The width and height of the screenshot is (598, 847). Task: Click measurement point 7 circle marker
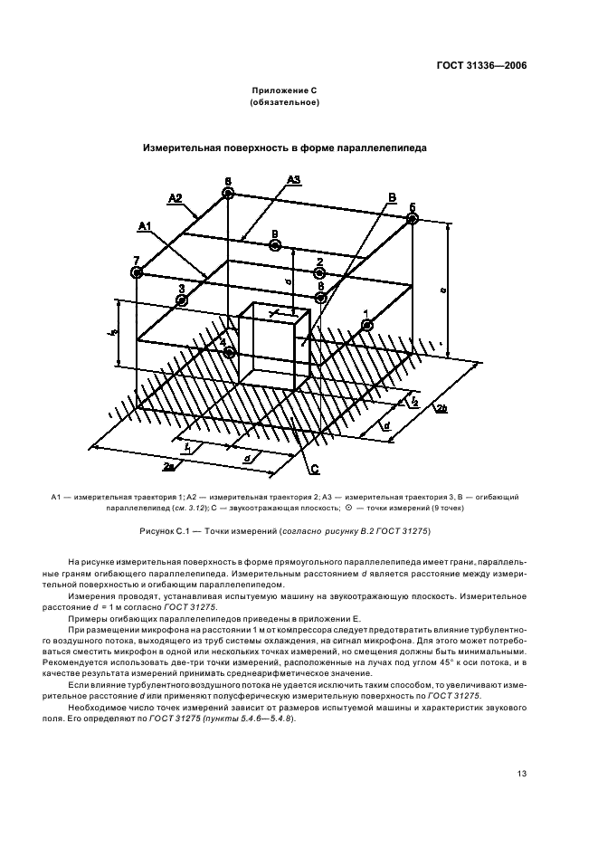137,272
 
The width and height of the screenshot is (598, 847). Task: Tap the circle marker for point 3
182,300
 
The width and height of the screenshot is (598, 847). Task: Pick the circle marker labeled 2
319,273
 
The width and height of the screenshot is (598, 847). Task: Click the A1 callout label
145,224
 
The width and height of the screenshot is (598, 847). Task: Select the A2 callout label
175,197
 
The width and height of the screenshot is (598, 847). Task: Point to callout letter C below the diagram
315,469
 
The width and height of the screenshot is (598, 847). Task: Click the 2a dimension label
168,465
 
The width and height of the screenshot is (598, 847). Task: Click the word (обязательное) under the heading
285,103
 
